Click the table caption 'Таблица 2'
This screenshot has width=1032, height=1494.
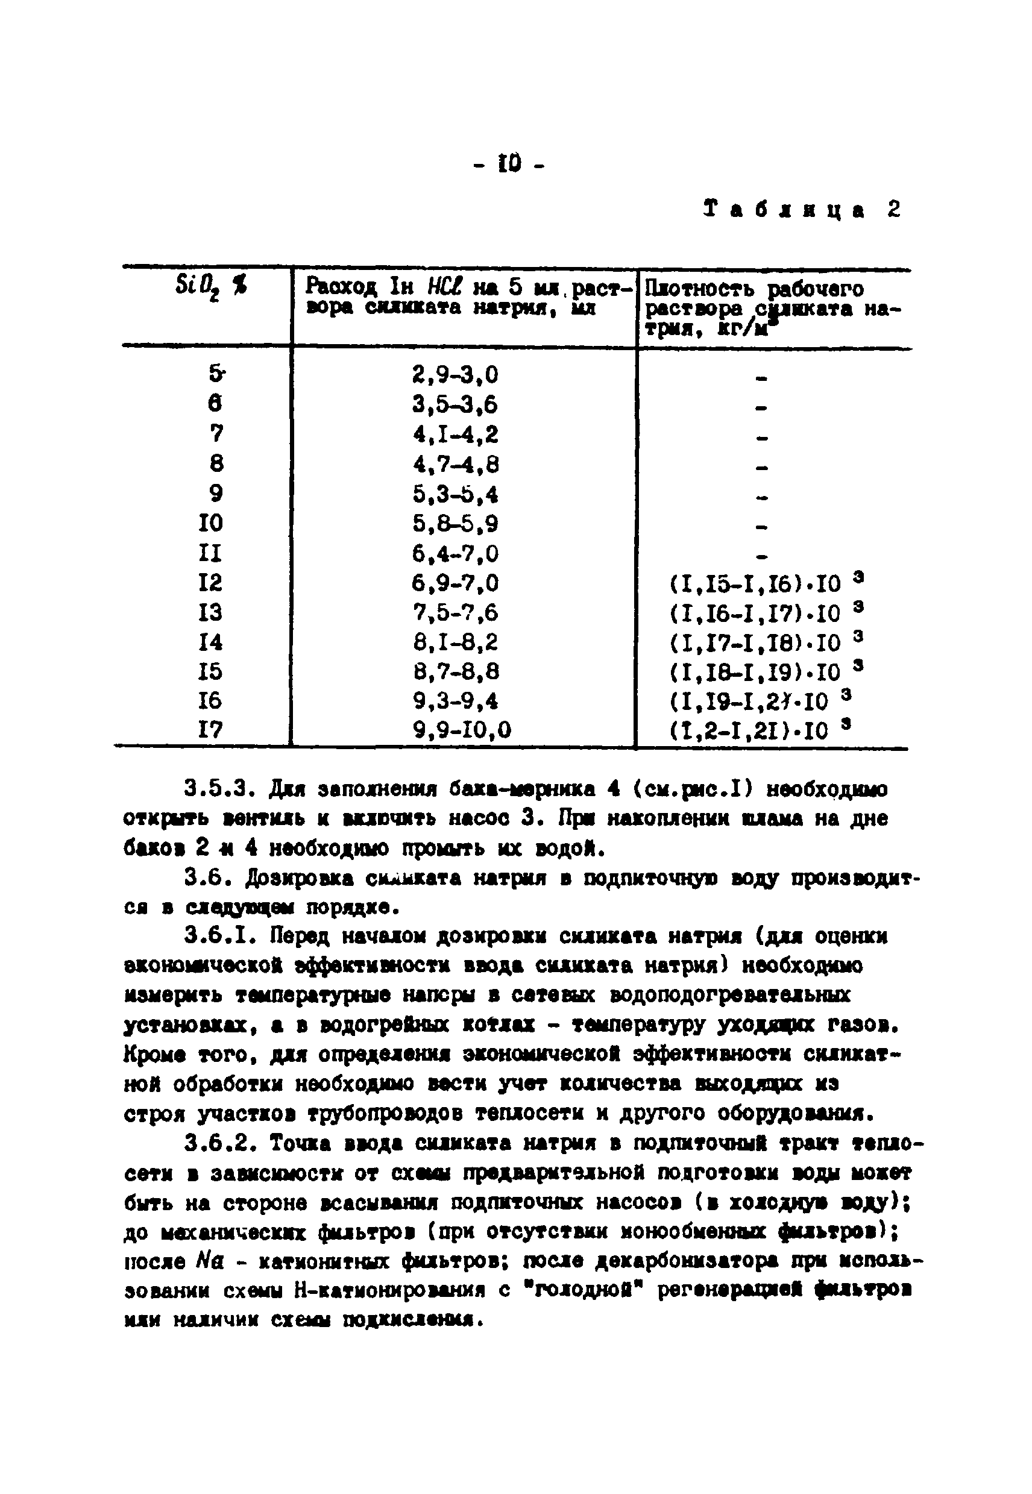(x=801, y=210)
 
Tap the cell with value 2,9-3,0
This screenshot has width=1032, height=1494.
(x=455, y=374)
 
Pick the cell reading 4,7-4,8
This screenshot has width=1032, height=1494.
(x=456, y=464)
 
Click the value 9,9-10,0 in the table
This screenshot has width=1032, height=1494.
(x=462, y=730)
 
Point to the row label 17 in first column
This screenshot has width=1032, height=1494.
(x=210, y=730)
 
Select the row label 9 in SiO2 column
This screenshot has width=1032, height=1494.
(x=216, y=494)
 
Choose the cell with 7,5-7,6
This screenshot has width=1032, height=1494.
(x=455, y=612)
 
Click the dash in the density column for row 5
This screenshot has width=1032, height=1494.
(x=762, y=379)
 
